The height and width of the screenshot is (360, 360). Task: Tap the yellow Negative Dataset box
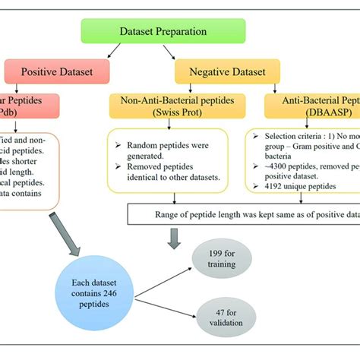[228, 73]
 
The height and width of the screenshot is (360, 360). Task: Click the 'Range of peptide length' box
[242, 215]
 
